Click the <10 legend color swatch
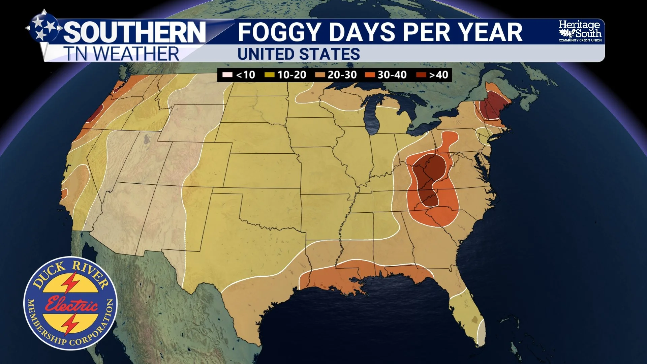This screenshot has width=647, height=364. (x=227, y=75)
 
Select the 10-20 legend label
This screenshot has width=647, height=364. (x=291, y=75)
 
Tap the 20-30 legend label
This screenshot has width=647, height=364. (x=342, y=75)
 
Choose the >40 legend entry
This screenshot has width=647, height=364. (x=438, y=75)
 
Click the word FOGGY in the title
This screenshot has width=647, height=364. (x=282, y=32)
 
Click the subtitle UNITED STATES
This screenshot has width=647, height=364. (x=299, y=54)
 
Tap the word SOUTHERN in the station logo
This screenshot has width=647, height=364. (x=135, y=32)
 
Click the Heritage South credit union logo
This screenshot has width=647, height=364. (x=580, y=31)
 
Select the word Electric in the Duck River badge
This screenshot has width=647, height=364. (x=71, y=304)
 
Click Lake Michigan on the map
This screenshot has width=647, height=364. (x=372, y=116)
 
